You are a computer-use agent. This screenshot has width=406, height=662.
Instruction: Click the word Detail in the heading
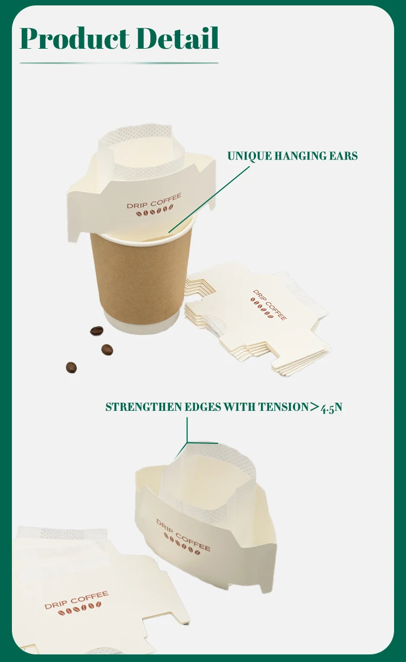(178, 38)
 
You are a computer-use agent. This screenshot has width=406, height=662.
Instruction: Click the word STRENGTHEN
(143, 407)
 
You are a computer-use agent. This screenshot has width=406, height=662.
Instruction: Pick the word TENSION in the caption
(283, 407)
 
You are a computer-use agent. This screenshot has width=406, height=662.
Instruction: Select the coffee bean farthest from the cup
(71, 368)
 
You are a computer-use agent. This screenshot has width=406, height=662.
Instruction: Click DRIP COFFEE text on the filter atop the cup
(154, 201)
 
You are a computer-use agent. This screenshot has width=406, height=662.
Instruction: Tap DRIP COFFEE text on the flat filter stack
(270, 304)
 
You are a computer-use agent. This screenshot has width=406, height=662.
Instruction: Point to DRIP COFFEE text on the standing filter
(184, 536)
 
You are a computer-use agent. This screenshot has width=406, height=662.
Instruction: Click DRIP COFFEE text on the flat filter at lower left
(76, 600)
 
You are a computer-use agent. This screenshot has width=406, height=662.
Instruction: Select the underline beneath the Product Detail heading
(119, 63)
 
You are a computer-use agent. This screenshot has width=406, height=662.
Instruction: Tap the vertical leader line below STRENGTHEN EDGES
(187, 430)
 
